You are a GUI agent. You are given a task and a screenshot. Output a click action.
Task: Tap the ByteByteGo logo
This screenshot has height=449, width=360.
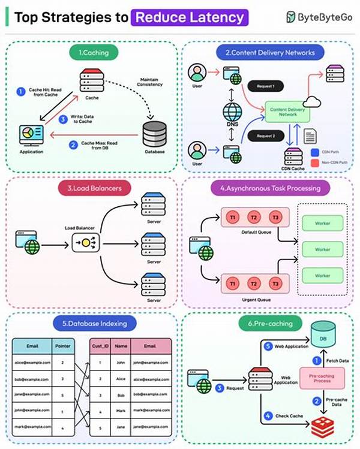coord(319,17)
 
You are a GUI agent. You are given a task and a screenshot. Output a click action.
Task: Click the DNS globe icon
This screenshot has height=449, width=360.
coord(232,113)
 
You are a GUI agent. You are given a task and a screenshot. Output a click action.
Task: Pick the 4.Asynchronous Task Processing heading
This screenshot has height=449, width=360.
coord(269,188)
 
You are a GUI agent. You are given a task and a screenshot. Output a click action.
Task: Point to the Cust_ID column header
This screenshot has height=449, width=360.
coord(99,346)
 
